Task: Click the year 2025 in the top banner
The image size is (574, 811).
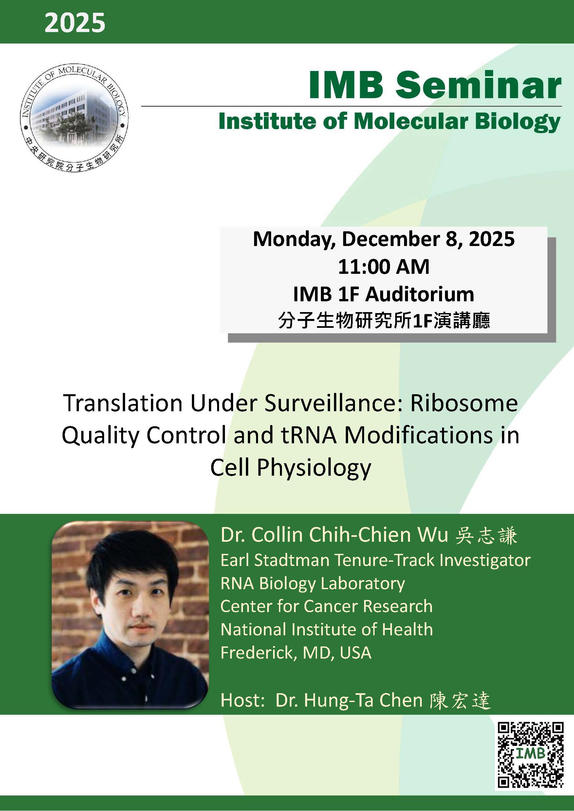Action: (x=75, y=23)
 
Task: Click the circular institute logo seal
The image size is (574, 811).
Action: (x=74, y=119)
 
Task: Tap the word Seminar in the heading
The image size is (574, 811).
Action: (x=478, y=86)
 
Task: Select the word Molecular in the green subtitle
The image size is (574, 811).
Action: (x=411, y=121)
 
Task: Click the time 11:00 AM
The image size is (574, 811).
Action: (x=383, y=267)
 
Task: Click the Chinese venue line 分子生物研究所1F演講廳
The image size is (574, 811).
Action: (x=384, y=321)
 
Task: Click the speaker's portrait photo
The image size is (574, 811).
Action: (x=130, y=615)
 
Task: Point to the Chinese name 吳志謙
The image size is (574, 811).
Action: (x=486, y=536)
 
